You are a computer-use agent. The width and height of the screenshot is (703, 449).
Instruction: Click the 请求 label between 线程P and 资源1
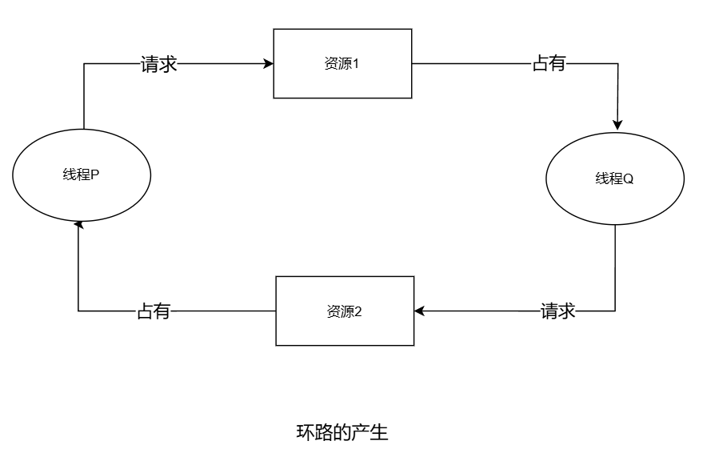[x=158, y=64]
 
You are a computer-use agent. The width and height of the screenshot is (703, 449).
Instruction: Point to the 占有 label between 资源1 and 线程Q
[x=549, y=64]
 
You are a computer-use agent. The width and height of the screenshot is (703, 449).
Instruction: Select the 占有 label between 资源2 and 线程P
[x=154, y=311]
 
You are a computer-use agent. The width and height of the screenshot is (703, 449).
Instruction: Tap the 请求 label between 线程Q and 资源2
[x=558, y=311]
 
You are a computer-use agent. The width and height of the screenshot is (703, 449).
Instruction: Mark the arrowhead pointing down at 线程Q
[x=617, y=125]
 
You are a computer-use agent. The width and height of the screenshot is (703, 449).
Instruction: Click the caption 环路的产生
[x=342, y=433]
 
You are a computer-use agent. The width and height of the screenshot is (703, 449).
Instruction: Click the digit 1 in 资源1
[x=355, y=64]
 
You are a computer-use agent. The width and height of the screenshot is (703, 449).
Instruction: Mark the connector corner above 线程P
[x=83, y=64]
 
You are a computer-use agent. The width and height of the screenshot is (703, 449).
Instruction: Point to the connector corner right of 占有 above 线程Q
[x=617, y=64]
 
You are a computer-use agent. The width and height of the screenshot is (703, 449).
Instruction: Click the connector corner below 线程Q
[x=615, y=311]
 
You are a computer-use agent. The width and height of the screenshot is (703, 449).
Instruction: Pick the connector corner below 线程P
[x=78, y=311]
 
